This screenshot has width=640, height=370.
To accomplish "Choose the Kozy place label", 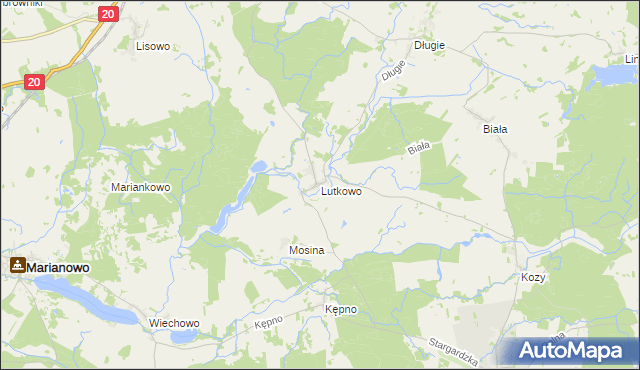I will [x=533, y=277].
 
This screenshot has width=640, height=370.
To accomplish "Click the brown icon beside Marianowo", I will [x=17, y=266].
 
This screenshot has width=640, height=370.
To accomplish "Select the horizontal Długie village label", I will [x=429, y=46].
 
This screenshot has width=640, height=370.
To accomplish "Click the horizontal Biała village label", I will [x=495, y=129].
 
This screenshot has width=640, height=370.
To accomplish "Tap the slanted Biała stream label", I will [x=418, y=148].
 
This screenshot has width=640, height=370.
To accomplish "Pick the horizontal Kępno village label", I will [x=340, y=310].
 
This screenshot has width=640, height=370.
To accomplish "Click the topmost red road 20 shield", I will [x=109, y=14].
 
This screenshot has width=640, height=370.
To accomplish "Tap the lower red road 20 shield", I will [x=34, y=83].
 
